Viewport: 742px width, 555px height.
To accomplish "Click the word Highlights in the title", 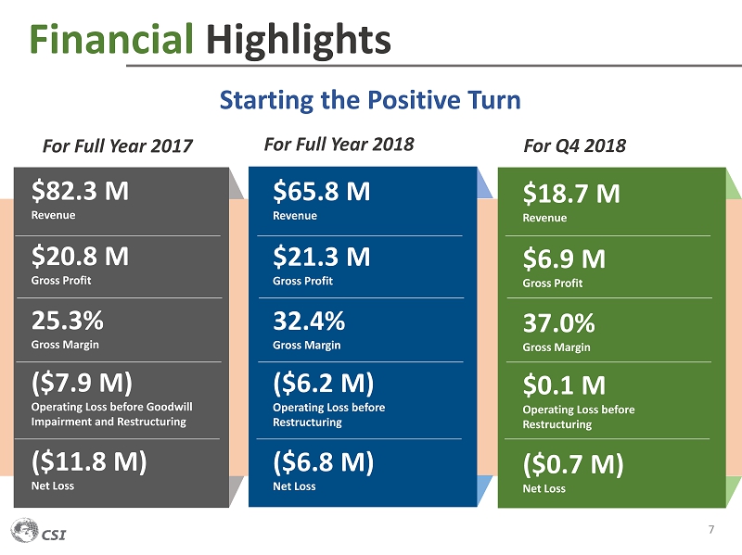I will point(298,39).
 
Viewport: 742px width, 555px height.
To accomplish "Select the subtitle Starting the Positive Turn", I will point(369,99).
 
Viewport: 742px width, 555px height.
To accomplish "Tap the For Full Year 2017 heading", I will point(118,145).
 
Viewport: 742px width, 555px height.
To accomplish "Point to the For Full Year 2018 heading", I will point(339,144).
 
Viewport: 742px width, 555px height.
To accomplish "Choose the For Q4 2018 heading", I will point(574,145).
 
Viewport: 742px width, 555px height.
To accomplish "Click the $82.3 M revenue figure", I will point(80,191).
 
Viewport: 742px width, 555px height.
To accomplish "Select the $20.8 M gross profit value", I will point(80,255).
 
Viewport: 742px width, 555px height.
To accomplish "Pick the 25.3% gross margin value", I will point(67,321).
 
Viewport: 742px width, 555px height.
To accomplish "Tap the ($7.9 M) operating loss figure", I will point(83,382).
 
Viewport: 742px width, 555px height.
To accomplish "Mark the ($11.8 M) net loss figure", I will point(89,460).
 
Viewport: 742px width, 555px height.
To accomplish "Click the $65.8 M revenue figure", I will point(322,192).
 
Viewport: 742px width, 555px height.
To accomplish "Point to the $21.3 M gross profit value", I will point(322,256).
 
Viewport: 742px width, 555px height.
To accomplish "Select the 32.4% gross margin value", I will point(309,321).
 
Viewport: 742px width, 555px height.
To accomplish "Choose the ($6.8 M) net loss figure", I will point(324,461).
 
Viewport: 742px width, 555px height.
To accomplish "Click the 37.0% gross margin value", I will point(558,323).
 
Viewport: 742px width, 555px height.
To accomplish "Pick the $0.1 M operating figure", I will point(566,385).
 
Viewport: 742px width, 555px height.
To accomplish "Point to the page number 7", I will point(710,530).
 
